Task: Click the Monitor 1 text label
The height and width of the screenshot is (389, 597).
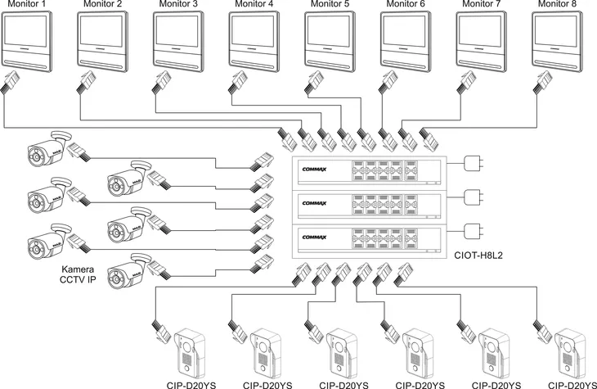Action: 28,5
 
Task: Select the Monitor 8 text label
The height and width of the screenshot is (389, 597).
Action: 559,5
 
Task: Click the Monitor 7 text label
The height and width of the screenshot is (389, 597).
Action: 483,5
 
